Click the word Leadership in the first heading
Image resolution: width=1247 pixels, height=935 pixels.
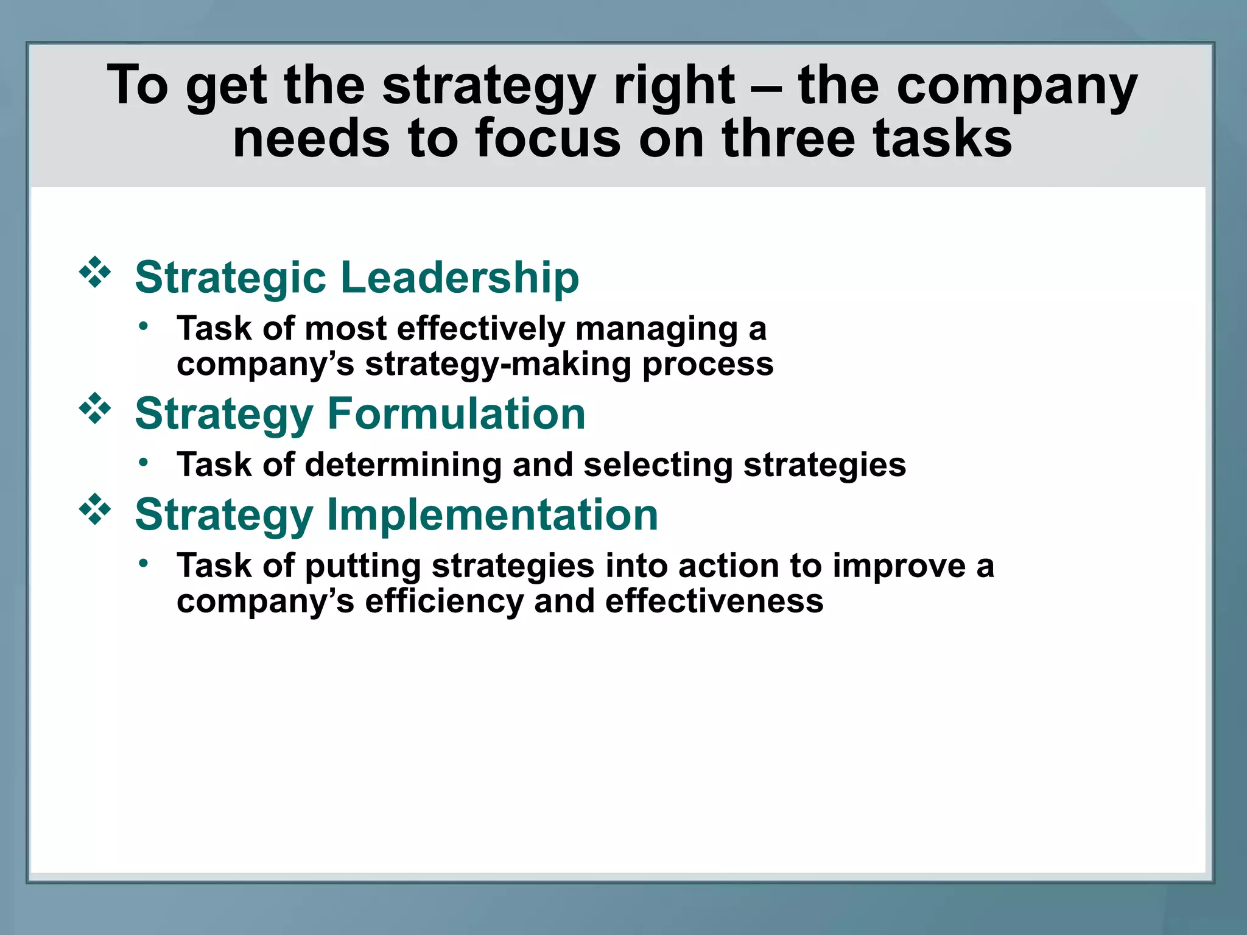(460, 278)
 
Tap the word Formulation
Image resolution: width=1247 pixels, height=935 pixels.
(457, 414)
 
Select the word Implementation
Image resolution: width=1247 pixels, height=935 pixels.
(493, 515)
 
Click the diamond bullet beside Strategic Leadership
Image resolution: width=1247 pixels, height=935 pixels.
(95, 273)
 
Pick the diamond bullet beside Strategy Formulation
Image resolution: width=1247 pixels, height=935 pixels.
(95, 408)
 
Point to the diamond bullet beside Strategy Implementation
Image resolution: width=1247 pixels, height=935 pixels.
(95, 510)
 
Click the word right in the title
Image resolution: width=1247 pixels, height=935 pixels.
(674, 85)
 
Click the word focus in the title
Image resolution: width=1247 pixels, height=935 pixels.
(547, 139)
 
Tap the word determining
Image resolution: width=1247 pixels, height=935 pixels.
(403, 465)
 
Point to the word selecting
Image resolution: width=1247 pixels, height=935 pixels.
(658, 465)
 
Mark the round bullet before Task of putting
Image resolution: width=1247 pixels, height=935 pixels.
(143, 564)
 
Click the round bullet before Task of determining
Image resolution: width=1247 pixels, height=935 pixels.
(143, 463)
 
